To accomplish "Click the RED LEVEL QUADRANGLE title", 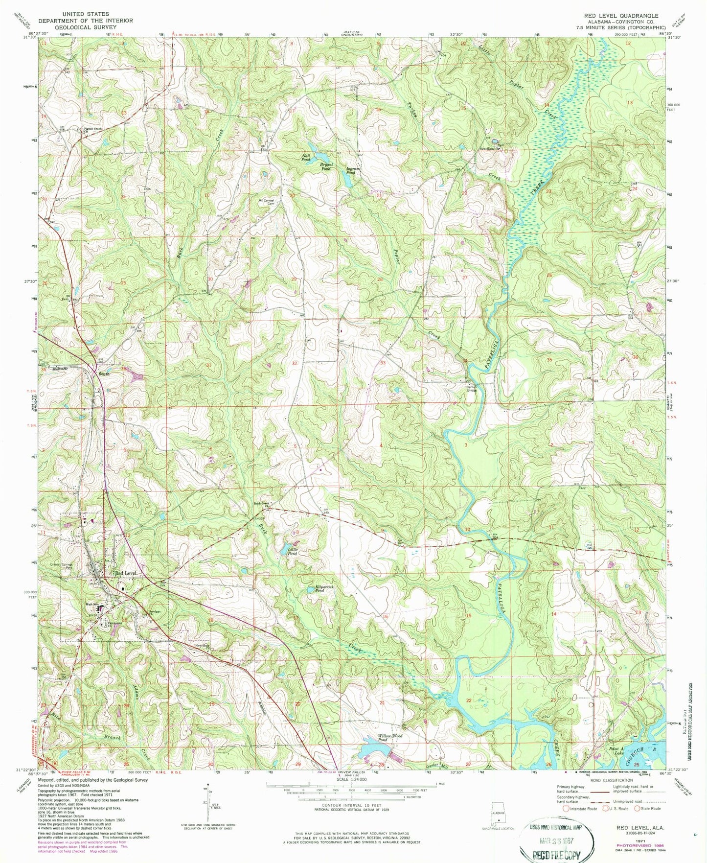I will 621,16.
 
